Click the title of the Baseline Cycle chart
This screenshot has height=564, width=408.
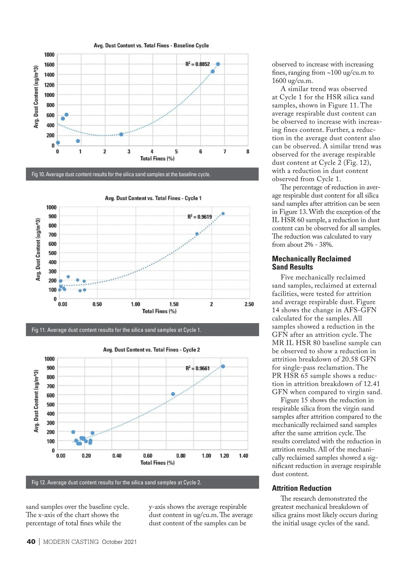(151, 46)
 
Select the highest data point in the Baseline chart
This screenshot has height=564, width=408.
(218, 64)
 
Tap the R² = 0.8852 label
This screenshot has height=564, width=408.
(198, 64)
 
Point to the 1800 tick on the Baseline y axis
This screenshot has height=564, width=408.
(49, 55)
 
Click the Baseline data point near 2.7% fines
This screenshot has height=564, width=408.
(121, 134)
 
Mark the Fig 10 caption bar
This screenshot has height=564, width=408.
(142, 174)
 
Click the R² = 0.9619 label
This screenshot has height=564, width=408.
(200, 217)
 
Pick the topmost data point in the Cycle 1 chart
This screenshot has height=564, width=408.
(223, 214)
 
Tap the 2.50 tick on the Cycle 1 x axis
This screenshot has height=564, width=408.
(249, 304)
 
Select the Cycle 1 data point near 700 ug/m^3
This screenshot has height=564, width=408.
(197, 234)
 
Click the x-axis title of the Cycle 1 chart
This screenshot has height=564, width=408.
(159, 311)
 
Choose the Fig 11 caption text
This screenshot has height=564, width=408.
(116, 330)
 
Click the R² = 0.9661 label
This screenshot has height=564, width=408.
(198, 368)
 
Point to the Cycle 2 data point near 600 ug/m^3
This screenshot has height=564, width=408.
(173, 394)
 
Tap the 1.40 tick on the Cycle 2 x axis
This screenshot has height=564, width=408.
(243, 456)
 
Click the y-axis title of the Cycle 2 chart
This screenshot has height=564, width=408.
(36, 401)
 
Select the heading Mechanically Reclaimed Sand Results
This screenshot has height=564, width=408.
(311, 263)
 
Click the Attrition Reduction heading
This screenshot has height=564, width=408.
(302, 488)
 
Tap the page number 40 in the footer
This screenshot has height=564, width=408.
(31, 542)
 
